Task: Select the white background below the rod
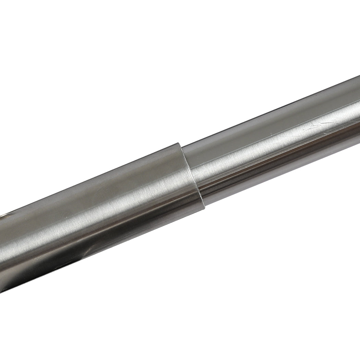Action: pyautogui.click(x=240, y=291)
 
